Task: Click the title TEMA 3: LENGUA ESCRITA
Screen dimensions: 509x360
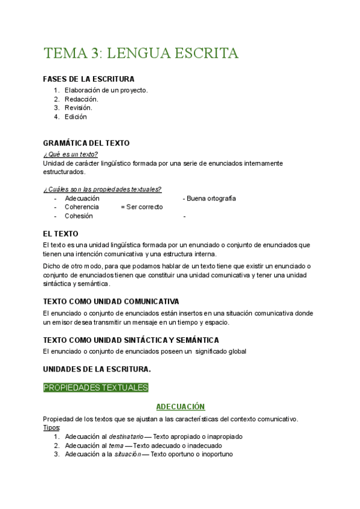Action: click(x=141, y=53)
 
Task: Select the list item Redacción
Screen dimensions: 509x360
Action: click(x=82, y=99)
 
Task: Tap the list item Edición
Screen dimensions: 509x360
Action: click(x=76, y=117)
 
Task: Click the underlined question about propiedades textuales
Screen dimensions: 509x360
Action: click(x=102, y=189)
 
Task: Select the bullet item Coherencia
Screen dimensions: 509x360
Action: click(x=82, y=207)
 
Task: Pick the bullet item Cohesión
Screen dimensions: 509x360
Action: click(x=79, y=216)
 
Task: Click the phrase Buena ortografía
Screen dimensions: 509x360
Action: click(x=211, y=198)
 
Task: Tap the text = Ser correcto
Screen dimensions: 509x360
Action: click(x=142, y=207)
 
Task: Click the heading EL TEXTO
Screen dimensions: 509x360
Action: click(x=61, y=233)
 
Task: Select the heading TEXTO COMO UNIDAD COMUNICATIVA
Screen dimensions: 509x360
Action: click(x=111, y=301)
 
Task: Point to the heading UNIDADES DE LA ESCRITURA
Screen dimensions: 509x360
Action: click(x=97, y=369)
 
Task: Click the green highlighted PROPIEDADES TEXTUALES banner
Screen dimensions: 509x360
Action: click(x=95, y=388)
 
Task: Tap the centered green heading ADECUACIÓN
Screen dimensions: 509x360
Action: click(x=180, y=407)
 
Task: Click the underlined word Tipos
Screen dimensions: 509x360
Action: click(x=52, y=428)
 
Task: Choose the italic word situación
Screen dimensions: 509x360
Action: click(x=128, y=455)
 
